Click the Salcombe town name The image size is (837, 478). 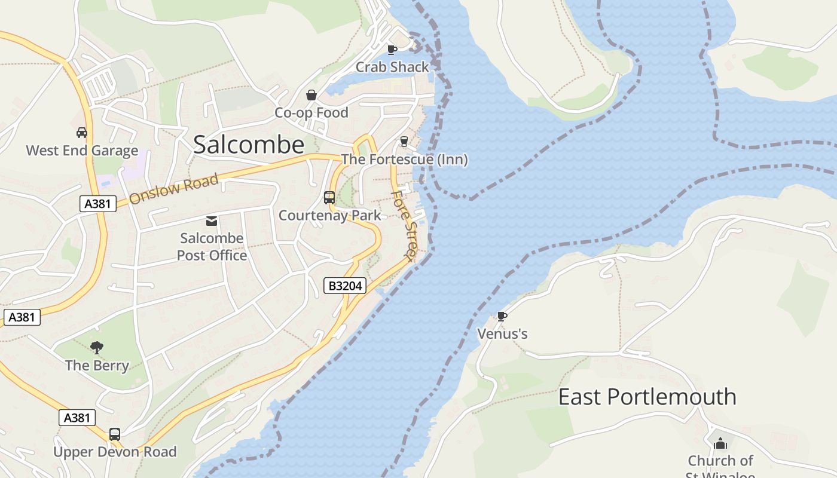(249, 145)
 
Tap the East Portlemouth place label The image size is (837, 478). (647, 397)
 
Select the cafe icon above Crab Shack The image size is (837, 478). (392, 50)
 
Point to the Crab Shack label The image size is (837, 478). (392, 67)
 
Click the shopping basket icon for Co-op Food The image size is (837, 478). (311, 95)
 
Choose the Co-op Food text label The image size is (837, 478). (311, 112)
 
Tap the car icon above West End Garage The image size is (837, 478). (82, 133)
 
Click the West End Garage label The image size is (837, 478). (82, 151)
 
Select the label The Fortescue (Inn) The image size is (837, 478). (404, 160)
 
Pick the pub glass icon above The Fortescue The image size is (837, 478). (404, 142)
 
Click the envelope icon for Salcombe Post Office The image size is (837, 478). (212, 221)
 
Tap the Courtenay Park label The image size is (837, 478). (329, 215)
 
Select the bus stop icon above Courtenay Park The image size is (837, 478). (329, 198)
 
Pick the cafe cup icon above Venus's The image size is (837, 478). (502, 316)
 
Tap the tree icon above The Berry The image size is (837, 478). (97, 347)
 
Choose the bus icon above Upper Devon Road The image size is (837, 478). (115, 434)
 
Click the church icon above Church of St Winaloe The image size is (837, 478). (720, 443)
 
